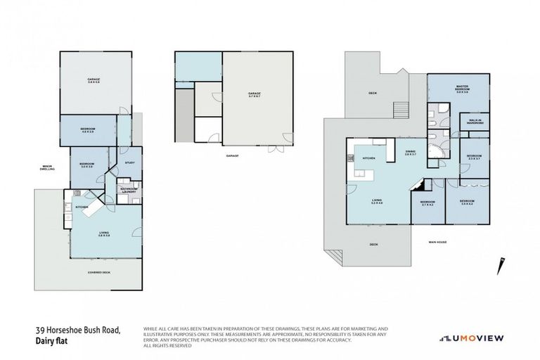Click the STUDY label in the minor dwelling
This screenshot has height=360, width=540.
click(x=129, y=163)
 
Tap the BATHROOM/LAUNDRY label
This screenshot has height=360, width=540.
click(x=128, y=189)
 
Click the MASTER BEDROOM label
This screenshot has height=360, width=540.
click(x=461, y=89)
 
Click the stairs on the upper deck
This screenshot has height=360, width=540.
click(x=401, y=111)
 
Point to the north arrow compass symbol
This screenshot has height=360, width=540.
click(x=503, y=264)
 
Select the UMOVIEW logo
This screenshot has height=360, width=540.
click(x=471, y=338)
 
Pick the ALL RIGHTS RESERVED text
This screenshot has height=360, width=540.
click(x=167, y=346)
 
